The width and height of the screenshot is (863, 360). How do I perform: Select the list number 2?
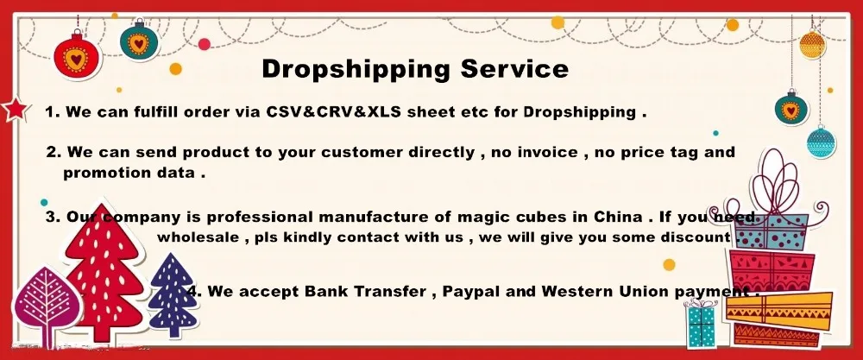53,153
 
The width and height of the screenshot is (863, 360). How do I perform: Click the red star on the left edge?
13,109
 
